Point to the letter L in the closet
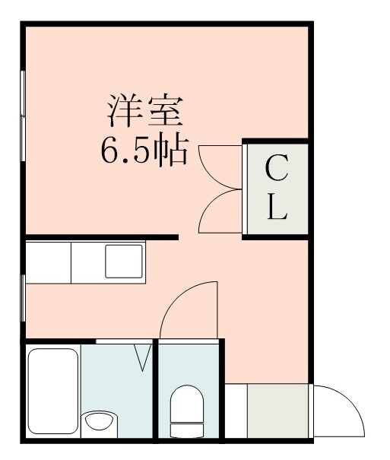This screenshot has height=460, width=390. (x=277, y=208)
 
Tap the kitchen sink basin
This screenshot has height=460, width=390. (x=124, y=262)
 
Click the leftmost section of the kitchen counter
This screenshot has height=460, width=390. (x=47, y=262)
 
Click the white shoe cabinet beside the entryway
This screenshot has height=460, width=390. (x=236, y=411)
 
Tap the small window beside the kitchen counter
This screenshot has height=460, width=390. (x=23, y=296)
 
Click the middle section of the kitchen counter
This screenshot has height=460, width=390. (x=87, y=262)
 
